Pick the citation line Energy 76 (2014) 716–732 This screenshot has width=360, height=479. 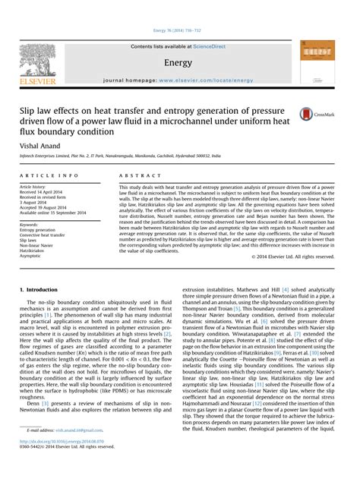click(179, 30)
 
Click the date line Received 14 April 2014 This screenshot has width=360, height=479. click(46, 191)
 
